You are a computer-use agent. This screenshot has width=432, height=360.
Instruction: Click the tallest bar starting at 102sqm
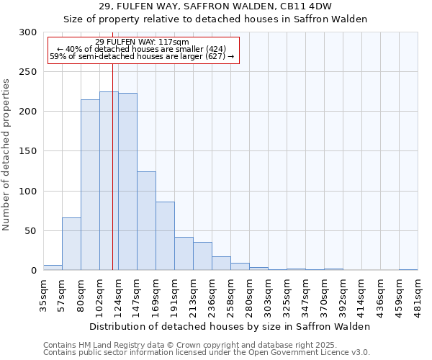[x=109, y=181]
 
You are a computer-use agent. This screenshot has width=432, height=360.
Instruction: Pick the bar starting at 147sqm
[x=146, y=220]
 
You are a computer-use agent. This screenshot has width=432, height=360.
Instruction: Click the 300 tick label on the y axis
[x=27, y=32]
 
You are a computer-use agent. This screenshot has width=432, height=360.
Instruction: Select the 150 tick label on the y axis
[x=27, y=151]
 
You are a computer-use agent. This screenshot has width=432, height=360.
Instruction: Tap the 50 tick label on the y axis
[x=30, y=231]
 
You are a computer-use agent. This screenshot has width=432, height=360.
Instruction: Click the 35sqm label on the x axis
[x=44, y=293]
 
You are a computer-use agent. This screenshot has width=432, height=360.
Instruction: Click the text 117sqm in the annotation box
[x=175, y=42]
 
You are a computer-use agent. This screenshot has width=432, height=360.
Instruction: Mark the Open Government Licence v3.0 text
[x=305, y=352]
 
